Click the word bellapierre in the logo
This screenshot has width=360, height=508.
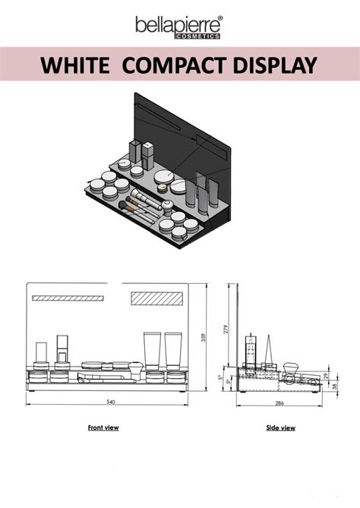(x=178, y=24)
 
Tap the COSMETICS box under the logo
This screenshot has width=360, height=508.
(x=197, y=36)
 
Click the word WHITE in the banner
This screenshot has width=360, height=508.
(x=75, y=65)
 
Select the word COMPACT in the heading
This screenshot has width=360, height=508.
(x=175, y=65)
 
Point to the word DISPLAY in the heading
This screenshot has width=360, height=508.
(x=275, y=65)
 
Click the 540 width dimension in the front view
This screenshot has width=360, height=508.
(x=111, y=402)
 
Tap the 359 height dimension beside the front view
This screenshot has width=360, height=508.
(x=204, y=339)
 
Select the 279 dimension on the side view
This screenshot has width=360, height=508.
(x=226, y=329)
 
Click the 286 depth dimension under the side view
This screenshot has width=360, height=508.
(x=279, y=403)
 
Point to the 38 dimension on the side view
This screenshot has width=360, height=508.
(x=335, y=386)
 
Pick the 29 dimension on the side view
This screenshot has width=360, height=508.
(x=326, y=376)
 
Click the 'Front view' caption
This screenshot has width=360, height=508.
(x=103, y=428)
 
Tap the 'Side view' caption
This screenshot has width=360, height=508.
(x=280, y=428)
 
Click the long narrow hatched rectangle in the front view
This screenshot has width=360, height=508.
(x=68, y=298)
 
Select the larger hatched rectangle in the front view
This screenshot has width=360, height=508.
(x=156, y=298)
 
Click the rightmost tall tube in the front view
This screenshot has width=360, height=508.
(x=172, y=351)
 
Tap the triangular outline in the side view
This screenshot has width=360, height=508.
(x=269, y=350)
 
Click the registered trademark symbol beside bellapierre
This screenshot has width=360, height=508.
(x=220, y=18)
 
